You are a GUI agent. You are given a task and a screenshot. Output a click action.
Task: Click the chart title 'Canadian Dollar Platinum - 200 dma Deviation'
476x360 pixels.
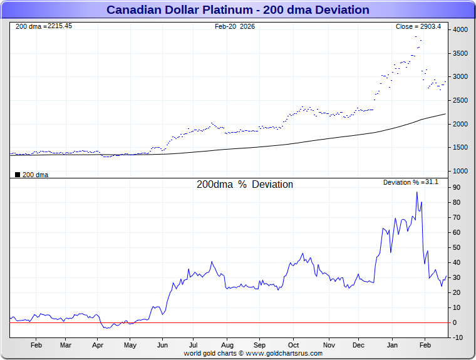point(237,10)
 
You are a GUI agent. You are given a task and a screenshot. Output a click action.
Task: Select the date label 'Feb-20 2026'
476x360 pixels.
point(235,26)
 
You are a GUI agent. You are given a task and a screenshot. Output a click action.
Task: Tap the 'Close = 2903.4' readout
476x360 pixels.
point(418,26)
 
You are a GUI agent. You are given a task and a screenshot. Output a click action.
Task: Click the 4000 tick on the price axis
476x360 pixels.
point(460,30)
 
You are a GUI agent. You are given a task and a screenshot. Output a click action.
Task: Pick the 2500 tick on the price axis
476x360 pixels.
point(460,100)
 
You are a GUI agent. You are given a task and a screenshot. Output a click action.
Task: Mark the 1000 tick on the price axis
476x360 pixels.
point(460,171)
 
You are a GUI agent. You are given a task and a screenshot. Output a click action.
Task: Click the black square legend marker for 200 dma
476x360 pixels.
point(18,175)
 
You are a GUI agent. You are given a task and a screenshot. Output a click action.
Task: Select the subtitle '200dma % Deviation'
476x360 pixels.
point(245,185)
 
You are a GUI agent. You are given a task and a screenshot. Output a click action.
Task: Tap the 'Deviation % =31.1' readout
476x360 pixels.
point(411,182)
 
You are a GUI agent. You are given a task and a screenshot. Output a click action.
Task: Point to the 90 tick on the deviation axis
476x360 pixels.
point(457,188)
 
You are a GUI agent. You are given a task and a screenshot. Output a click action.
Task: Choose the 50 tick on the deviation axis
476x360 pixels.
point(457,248)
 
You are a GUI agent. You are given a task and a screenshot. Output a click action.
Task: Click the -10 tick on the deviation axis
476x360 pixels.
point(458,338)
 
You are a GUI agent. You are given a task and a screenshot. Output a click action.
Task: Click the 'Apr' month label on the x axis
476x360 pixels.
point(98,345)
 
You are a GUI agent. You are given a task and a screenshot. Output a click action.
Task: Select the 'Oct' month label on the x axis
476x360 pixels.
point(294,345)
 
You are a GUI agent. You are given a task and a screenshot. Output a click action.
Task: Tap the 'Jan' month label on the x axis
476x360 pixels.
point(393,345)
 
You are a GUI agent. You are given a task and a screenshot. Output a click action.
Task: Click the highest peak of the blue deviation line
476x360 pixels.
point(417,192)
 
